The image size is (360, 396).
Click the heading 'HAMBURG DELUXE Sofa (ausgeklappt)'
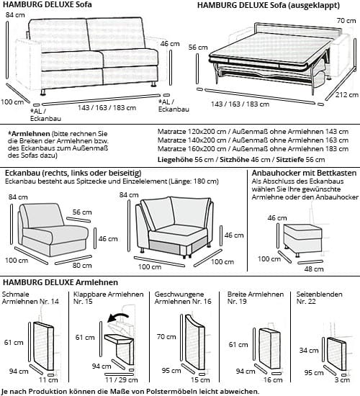point(263,6)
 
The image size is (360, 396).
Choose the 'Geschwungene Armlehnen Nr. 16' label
point(183,299)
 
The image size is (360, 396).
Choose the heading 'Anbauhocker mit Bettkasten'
point(302,173)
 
